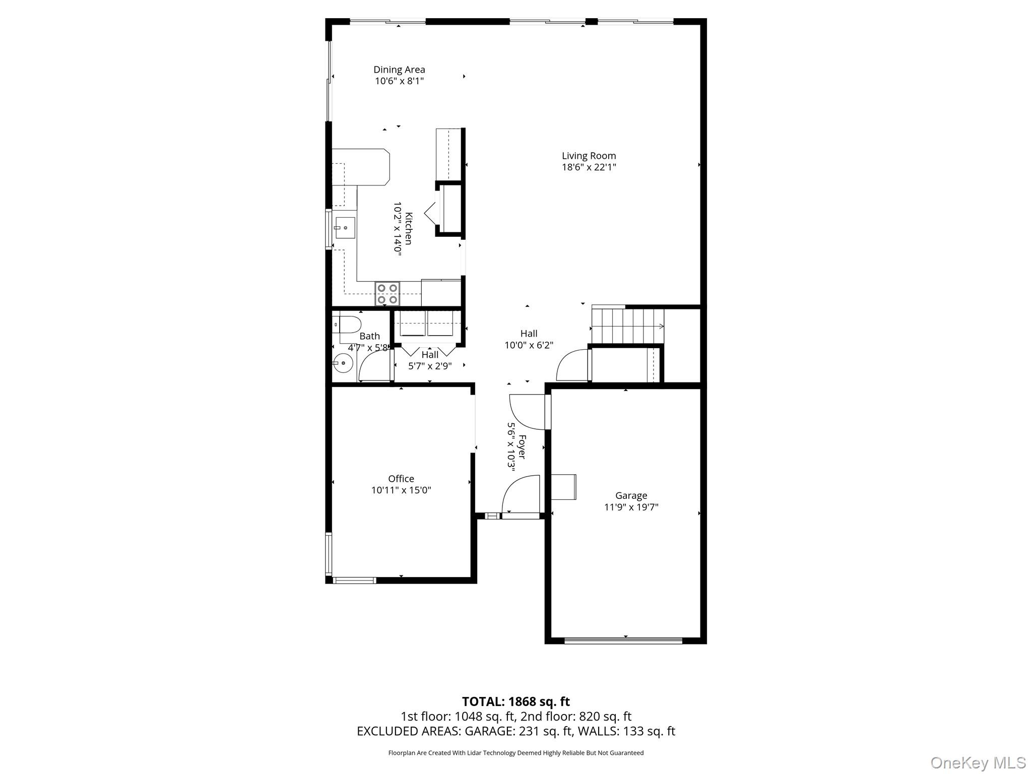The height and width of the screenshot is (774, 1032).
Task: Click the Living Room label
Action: (x=589, y=156)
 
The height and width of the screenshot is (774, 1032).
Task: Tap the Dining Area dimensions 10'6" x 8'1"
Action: (x=399, y=81)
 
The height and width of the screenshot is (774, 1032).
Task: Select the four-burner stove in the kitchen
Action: (x=387, y=294)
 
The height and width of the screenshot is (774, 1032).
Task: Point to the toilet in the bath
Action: (x=349, y=325)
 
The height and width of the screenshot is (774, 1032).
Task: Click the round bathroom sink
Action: (x=343, y=363)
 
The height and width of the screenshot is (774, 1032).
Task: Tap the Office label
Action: (x=401, y=479)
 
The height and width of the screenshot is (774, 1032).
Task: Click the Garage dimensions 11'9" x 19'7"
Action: (x=631, y=507)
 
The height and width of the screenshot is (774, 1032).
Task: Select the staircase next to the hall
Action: (x=628, y=327)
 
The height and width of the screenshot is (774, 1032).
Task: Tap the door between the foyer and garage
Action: (x=529, y=412)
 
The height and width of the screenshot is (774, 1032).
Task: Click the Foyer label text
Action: (x=523, y=447)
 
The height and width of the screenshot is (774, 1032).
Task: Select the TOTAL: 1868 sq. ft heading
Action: (x=515, y=701)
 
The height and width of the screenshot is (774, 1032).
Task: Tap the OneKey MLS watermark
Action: (x=978, y=763)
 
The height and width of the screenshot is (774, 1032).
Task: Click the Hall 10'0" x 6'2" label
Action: (x=529, y=339)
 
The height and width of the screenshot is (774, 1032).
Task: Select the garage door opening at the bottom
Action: (x=623, y=641)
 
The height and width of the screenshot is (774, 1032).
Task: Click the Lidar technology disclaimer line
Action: (x=515, y=753)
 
